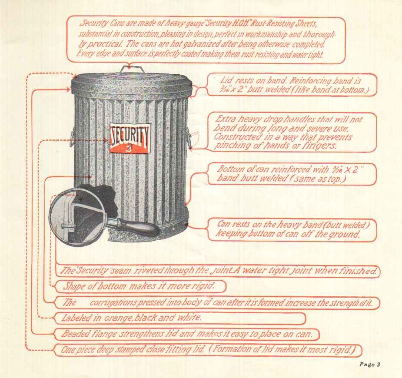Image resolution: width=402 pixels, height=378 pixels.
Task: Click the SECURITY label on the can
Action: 130,138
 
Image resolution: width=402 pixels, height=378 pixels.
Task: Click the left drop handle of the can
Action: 72,136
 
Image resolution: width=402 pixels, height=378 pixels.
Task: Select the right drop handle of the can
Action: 189,139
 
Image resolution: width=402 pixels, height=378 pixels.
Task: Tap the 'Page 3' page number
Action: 370,365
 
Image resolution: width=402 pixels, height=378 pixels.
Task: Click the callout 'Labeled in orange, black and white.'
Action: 180,318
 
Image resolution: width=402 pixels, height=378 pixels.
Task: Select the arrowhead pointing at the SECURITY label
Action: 106,140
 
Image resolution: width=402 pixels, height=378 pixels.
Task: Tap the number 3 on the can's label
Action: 130,147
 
